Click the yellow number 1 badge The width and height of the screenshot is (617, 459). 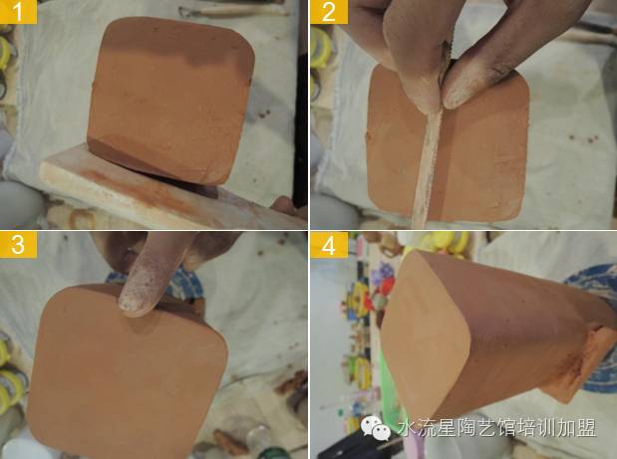pos(19,12)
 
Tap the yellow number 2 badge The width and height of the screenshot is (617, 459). pos(329,12)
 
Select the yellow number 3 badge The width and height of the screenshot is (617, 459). pos(19,244)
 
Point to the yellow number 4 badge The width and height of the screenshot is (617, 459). pos(329,244)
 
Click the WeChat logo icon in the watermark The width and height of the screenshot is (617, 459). pos(376,428)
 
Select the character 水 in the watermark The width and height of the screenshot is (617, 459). pos(408,428)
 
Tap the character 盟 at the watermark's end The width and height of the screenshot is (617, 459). pos(586,428)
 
